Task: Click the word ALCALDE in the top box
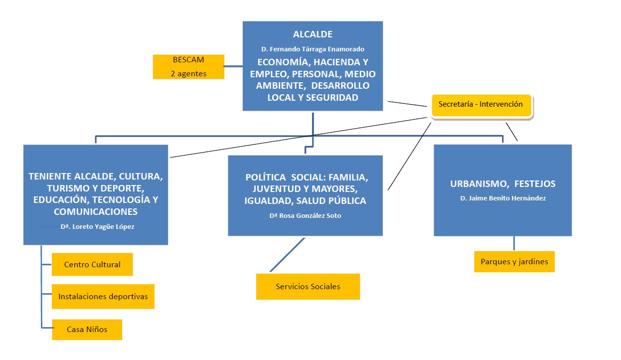point(312,34)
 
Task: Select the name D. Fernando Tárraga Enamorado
point(312,49)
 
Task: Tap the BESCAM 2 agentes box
point(188,66)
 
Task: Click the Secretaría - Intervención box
point(481,105)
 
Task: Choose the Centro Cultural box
point(92,265)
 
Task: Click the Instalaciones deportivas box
point(103,296)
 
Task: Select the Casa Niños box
point(87,329)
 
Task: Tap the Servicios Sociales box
point(308,287)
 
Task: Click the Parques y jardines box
point(514,262)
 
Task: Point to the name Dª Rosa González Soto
point(305,216)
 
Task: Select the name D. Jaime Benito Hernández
point(502,198)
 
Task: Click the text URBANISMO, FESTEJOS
point(502,183)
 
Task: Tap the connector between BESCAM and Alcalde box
point(233,66)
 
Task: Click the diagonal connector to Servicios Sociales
point(287,255)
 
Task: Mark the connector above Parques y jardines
point(514,243)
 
